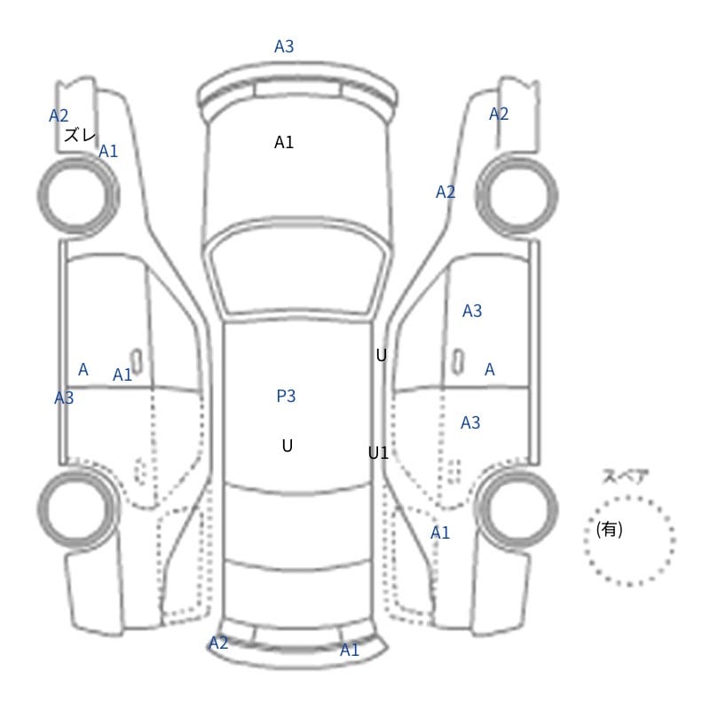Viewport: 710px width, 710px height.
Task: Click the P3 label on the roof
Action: pos(286,396)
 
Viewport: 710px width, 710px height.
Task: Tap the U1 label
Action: pos(378,453)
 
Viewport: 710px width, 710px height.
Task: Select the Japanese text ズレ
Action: pos(80,135)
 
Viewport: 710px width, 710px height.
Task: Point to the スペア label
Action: pos(619,477)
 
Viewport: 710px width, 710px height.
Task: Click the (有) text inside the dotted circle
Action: pos(609,529)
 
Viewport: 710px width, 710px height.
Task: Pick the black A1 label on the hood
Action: pos(284,142)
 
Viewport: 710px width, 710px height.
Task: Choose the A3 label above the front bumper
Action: pos(284,46)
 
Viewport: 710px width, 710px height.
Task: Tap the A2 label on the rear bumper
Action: pos(218,643)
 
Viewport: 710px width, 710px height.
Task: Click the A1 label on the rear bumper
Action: pos(349,650)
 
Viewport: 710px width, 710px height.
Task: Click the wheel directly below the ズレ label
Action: pos(78,194)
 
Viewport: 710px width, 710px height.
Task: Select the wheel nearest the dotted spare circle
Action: pos(517,509)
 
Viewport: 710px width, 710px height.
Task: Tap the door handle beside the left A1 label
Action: pos(137,362)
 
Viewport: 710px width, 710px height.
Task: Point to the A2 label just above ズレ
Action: pos(59,115)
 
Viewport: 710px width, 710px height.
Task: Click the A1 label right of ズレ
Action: pos(108,151)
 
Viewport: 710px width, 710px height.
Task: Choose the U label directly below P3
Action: pos(287,446)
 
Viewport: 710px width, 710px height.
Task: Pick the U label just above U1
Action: pos(382,356)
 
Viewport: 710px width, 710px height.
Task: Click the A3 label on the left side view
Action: pos(64,398)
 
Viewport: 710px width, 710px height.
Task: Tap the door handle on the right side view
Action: pos(458,362)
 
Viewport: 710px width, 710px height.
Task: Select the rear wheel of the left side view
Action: pos(78,509)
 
